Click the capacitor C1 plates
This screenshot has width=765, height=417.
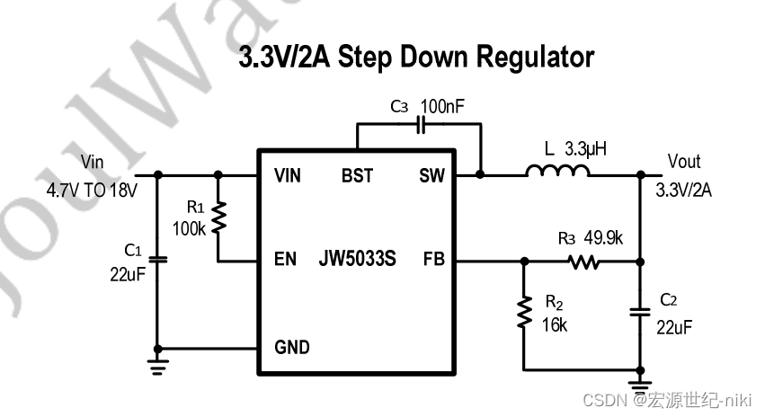159,261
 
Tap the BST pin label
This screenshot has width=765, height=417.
357,175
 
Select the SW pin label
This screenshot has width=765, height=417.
431,175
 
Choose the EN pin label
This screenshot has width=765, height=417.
285,261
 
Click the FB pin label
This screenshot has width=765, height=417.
434,261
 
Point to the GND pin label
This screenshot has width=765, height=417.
291,347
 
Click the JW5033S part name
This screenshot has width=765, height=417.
357,261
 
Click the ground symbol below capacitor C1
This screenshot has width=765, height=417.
159,365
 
